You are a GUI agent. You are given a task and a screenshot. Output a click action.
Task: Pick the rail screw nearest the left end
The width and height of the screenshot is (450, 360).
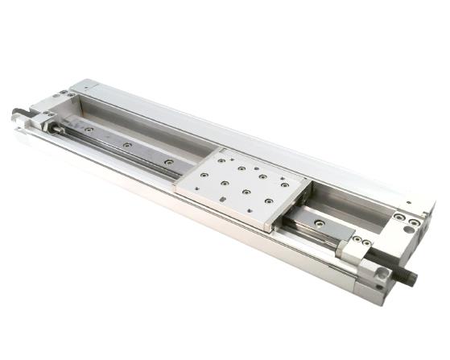(88, 130)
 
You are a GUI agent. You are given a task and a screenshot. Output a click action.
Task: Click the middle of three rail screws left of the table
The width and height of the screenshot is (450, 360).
(126, 145)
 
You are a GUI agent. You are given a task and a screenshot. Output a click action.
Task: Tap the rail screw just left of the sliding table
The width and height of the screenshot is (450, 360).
(168, 162)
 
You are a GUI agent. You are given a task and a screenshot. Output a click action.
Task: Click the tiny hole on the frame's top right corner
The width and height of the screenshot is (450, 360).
(408, 203)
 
